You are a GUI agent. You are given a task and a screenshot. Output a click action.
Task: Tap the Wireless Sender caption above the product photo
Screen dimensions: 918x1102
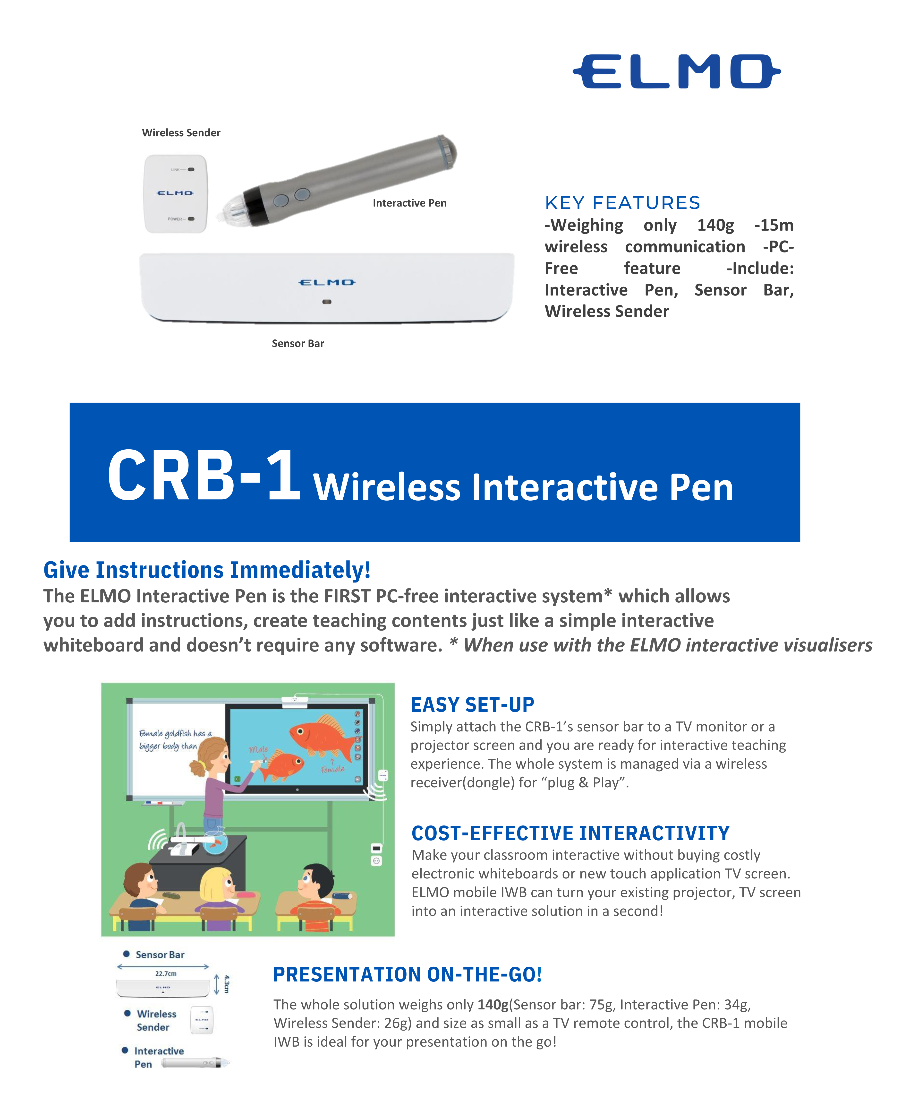pyautogui.click(x=181, y=133)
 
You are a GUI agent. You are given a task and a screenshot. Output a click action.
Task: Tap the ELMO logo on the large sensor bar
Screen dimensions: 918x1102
pyautogui.click(x=327, y=282)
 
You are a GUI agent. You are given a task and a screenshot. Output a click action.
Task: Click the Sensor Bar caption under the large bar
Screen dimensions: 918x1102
pyautogui.click(x=298, y=343)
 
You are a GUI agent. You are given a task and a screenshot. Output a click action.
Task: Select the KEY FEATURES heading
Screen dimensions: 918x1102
pyautogui.click(x=622, y=203)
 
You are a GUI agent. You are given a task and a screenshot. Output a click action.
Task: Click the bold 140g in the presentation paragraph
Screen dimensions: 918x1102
pyautogui.click(x=493, y=1004)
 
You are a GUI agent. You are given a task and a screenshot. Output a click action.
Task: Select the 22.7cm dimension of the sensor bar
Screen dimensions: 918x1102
pyautogui.click(x=166, y=973)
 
